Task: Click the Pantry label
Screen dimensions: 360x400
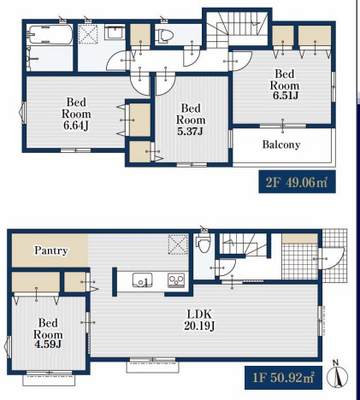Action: coord(51,250)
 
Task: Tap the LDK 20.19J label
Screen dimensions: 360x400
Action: coord(199,321)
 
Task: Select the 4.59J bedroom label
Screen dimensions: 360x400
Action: coord(48,333)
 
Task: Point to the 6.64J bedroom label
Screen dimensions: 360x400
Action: coord(76,114)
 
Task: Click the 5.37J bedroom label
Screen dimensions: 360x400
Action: coord(191,120)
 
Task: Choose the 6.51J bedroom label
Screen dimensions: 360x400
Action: coord(285,85)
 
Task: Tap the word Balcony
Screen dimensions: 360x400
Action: coord(281,144)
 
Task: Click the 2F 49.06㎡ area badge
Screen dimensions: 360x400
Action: coord(297,182)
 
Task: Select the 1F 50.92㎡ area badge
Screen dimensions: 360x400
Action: coord(283,378)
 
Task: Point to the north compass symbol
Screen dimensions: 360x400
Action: coord(337,375)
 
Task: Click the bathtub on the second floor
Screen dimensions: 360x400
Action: coord(50,35)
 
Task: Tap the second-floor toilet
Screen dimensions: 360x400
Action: coord(165,36)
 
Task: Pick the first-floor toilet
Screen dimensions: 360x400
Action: coord(204,243)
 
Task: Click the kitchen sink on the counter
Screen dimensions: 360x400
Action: coord(142,279)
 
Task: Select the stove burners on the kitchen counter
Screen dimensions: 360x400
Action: coord(176,279)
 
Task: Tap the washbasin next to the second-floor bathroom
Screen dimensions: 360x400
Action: coord(115,32)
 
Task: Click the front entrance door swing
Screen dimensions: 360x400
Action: coord(333,259)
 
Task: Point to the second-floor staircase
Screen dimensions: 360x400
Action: coord(237,28)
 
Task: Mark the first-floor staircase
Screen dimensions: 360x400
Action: coord(244,244)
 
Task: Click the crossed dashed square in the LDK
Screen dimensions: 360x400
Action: coord(178,244)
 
